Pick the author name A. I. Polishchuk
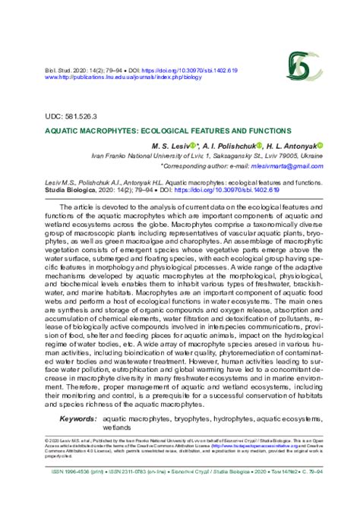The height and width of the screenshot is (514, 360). [247, 146]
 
